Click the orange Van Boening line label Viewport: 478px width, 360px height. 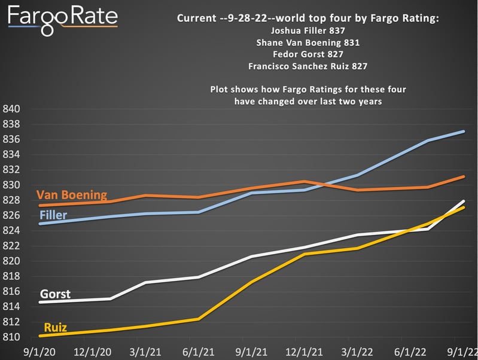pos(72,195)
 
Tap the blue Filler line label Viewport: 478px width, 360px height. pos(53,215)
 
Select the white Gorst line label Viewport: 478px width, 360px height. pos(55,294)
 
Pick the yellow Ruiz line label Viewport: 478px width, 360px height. pos(54,328)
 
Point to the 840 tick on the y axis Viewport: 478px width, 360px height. pos(12,109)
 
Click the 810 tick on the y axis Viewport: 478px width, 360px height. pos(12,337)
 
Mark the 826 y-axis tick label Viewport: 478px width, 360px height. pos(12,216)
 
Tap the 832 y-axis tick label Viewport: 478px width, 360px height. pos(12,170)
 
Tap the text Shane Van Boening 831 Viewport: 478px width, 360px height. pos(308,43)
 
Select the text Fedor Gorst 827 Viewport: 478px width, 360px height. pos(308,54)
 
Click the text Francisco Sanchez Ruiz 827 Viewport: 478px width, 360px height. pos(308,66)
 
